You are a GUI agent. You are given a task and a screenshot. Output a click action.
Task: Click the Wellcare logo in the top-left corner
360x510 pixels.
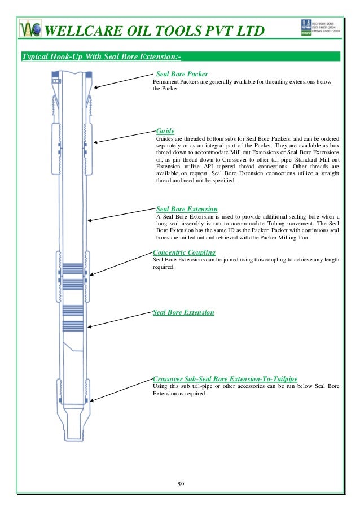coord(30,29)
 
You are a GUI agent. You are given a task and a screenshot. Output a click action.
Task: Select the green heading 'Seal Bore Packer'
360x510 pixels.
coord(182,73)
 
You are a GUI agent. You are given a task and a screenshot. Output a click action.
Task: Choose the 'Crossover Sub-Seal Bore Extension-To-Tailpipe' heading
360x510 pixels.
coord(225,378)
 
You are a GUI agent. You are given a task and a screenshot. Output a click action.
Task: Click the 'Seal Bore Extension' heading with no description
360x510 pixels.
coord(183,312)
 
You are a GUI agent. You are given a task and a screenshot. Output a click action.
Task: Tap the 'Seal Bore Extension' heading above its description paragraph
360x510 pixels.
coord(186,209)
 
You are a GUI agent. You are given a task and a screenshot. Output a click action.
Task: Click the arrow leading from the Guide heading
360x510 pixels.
coord(124,139)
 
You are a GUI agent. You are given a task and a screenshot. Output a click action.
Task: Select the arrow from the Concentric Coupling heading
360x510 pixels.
coord(121,264)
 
